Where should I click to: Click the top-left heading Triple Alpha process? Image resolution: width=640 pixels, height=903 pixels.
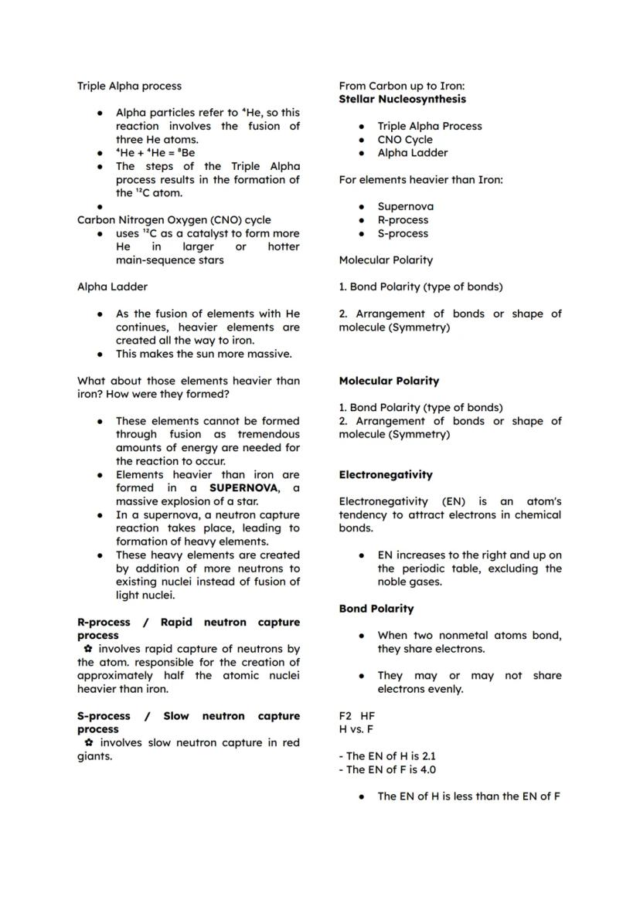(129, 86)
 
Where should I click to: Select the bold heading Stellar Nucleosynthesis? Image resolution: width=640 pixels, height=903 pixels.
(402, 99)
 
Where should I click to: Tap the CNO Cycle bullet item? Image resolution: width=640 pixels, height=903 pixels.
(405, 139)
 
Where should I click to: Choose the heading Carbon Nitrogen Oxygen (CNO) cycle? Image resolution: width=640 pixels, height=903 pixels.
(174, 220)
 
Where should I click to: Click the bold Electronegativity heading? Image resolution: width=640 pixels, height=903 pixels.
(386, 474)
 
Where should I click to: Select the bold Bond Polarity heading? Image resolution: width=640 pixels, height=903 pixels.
(376, 609)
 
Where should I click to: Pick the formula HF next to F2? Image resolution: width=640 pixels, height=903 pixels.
(367, 716)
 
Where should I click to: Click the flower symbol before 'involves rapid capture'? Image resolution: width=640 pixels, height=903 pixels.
(88, 649)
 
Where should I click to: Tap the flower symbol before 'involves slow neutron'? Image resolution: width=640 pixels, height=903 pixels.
(88, 742)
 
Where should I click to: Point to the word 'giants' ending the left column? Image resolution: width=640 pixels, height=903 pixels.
(94, 756)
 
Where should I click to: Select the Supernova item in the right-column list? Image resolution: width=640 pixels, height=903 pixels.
(405, 206)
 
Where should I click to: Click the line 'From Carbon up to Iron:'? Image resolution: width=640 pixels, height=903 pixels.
(402, 86)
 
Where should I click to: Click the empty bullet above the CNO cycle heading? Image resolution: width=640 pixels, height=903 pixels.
(100, 207)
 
